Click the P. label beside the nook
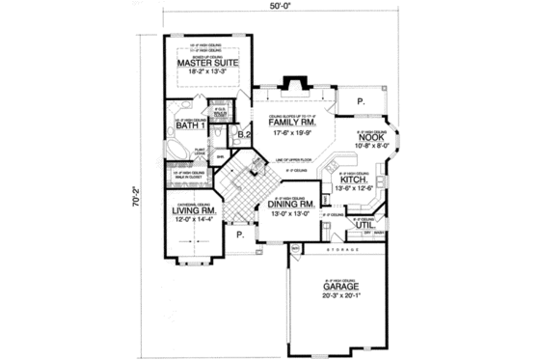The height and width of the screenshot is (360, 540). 358,100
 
